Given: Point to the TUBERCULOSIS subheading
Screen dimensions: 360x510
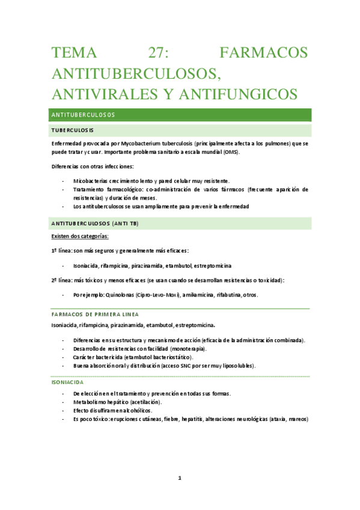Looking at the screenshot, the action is (x=72, y=131).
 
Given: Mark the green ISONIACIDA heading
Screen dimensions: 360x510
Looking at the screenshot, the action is (x=67, y=382).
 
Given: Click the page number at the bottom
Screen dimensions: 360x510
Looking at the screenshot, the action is (x=179, y=479).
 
